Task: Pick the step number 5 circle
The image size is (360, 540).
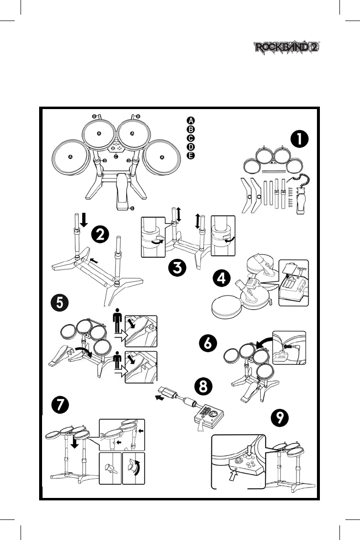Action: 60,301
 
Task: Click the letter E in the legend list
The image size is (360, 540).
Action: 191,156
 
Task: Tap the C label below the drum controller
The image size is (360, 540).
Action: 115,157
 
